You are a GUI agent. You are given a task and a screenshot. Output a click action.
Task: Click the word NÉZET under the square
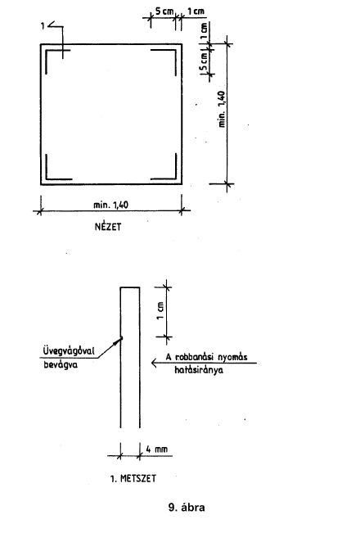[108, 227]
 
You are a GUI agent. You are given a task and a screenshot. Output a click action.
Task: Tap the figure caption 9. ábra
[187, 508]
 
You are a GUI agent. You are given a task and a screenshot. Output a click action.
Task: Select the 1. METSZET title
[133, 479]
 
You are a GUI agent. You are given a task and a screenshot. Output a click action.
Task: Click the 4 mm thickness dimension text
[156, 449]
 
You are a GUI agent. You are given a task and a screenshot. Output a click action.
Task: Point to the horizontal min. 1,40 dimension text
[110, 204]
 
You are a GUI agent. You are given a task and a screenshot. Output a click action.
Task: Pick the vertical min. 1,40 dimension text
[222, 109]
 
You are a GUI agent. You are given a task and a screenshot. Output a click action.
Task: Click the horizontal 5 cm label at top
[164, 11]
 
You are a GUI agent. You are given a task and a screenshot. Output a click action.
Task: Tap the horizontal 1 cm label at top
[196, 11]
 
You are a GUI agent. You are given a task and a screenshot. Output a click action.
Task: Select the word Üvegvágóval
[69, 351]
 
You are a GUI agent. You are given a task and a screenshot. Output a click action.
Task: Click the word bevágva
[61, 364]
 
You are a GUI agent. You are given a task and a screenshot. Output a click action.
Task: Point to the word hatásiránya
[199, 370]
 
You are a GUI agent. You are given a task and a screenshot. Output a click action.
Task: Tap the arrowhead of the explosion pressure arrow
[153, 363]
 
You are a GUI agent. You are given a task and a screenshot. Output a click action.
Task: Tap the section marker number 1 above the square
[43, 25]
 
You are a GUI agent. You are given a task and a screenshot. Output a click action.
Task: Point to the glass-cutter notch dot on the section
[121, 338]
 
